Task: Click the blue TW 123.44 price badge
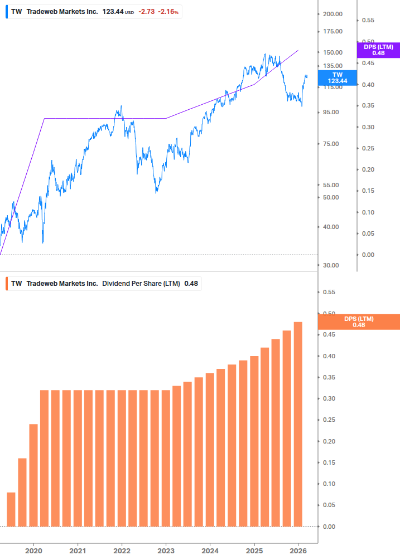(x=337, y=77)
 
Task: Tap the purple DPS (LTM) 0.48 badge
(x=378, y=50)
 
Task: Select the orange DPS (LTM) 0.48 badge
(x=358, y=322)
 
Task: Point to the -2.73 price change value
(x=147, y=12)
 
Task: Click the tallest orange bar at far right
(x=298, y=423)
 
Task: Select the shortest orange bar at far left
(x=11, y=509)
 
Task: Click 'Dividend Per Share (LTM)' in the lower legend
(x=141, y=284)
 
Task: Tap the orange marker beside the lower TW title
(x=6, y=284)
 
